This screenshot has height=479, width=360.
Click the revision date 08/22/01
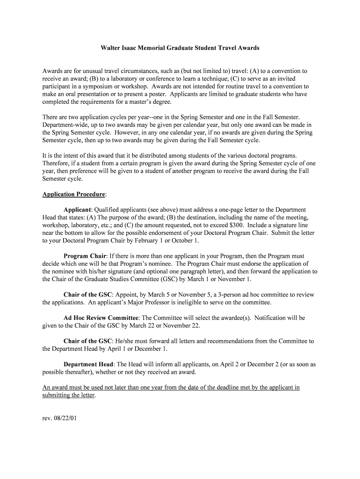65,418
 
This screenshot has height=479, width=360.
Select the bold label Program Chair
86,256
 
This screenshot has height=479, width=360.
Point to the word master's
143,102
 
